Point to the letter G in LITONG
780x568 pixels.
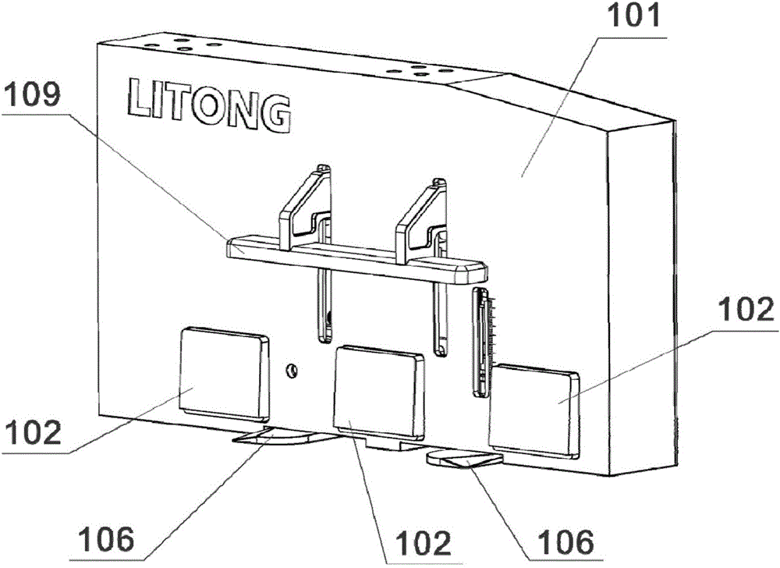(275, 115)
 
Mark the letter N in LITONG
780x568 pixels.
(243, 111)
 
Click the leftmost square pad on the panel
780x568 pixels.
(223, 371)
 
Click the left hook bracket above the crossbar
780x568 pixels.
(306, 201)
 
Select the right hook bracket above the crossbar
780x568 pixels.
(421, 218)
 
